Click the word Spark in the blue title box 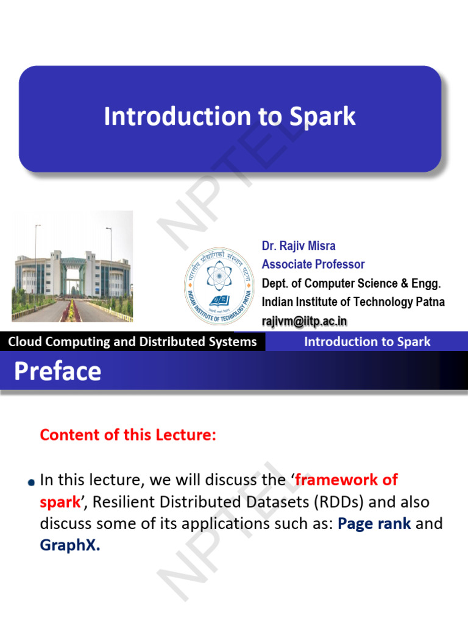pyautogui.click(x=322, y=116)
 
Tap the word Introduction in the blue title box pyautogui.click(x=177, y=116)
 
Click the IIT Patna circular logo pyautogui.click(x=219, y=286)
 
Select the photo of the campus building pyautogui.click(x=73, y=266)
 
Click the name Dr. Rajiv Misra pyautogui.click(x=299, y=246)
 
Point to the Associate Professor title pyautogui.click(x=313, y=264)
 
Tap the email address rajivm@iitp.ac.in pyautogui.click(x=305, y=321)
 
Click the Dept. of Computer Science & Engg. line pyautogui.click(x=351, y=283)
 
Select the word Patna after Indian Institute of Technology pyautogui.click(x=430, y=302)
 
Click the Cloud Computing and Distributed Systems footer pyautogui.click(x=132, y=341)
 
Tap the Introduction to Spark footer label pyautogui.click(x=367, y=341)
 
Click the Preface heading pyautogui.click(x=58, y=371)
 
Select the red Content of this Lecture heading pyautogui.click(x=128, y=434)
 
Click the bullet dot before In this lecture pyautogui.click(x=32, y=483)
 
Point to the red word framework pyautogui.click(x=336, y=480)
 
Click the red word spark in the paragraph pyautogui.click(x=60, y=502)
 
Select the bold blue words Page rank pyautogui.click(x=374, y=523)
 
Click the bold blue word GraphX pyautogui.click(x=69, y=545)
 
